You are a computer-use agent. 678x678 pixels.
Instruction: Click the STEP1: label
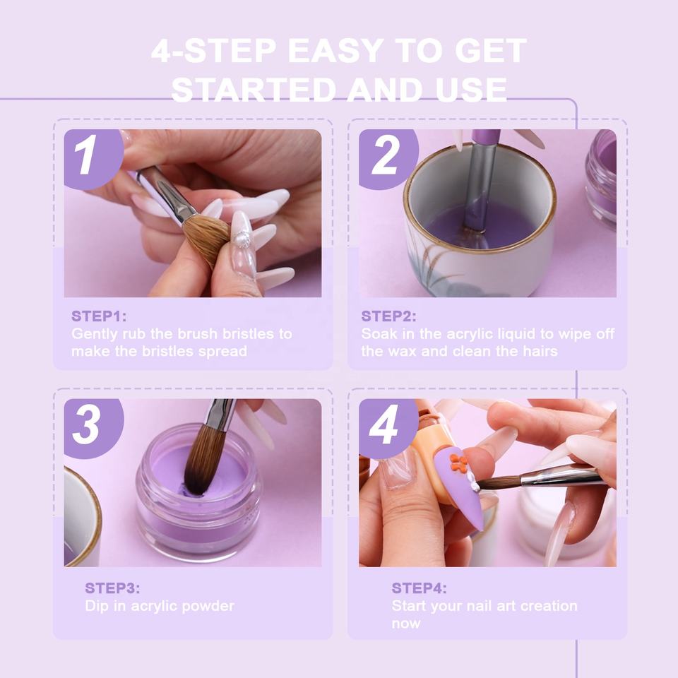(99, 316)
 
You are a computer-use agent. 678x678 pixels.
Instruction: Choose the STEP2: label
(388, 316)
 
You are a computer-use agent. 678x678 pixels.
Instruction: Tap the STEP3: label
(112, 588)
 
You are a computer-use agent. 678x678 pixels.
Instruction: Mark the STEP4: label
(419, 588)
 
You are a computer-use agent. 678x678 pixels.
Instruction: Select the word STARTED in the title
(254, 90)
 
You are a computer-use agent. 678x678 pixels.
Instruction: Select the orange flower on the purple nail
(459, 463)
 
